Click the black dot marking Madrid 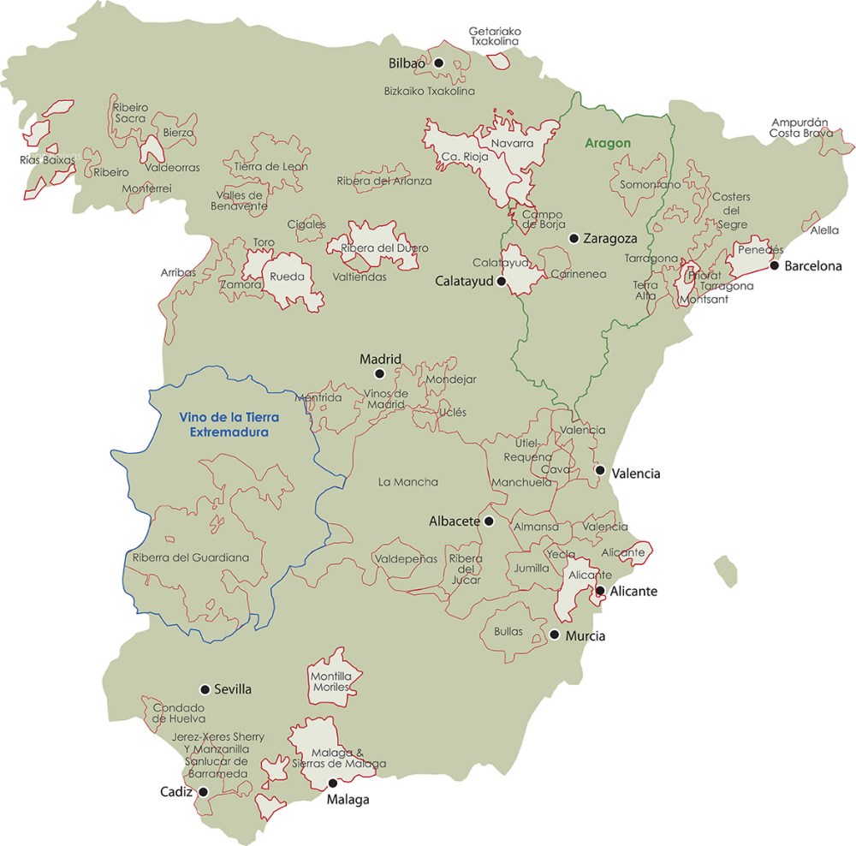[380, 373]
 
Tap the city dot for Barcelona [774, 265]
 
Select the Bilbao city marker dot [438, 63]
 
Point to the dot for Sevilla [205, 689]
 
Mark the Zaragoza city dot [574, 238]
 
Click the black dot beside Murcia [555, 635]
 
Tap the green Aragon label [607, 143]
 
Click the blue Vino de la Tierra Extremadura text [224, 425]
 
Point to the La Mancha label [407, 482]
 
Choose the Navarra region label [512, 143]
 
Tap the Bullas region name [508, 631]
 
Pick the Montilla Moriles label [332, 682]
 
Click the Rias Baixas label [41, 159]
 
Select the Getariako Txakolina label [495, 36]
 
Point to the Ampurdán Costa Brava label [797, 127]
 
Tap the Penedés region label [753, 249]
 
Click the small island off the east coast [726, 570]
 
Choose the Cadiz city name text [175, 791]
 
